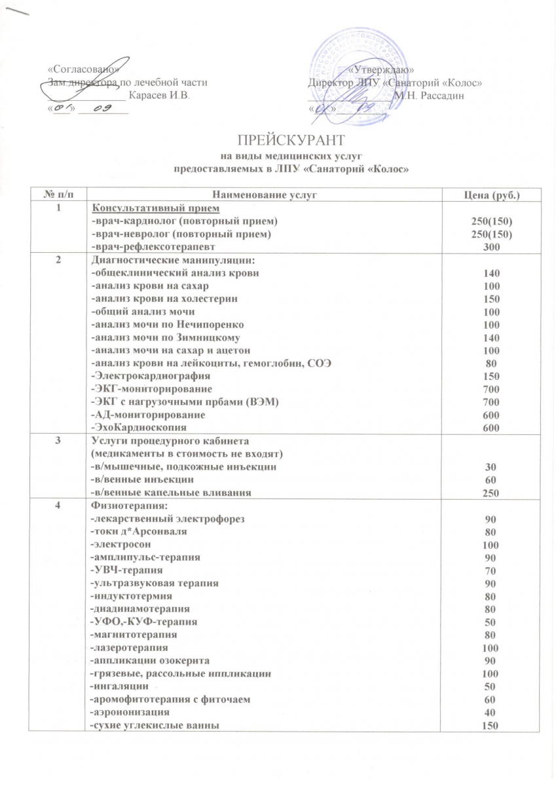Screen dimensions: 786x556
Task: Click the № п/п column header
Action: (x=59, y=195)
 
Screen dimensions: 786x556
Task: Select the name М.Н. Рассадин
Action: (x=429, y=96)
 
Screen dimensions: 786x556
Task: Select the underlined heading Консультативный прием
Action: (x=141, y=208)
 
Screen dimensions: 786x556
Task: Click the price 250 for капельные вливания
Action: (x=491, y=493)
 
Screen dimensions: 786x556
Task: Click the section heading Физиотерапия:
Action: (x=120, y=506)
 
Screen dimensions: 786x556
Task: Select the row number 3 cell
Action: (x=59, y=441)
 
